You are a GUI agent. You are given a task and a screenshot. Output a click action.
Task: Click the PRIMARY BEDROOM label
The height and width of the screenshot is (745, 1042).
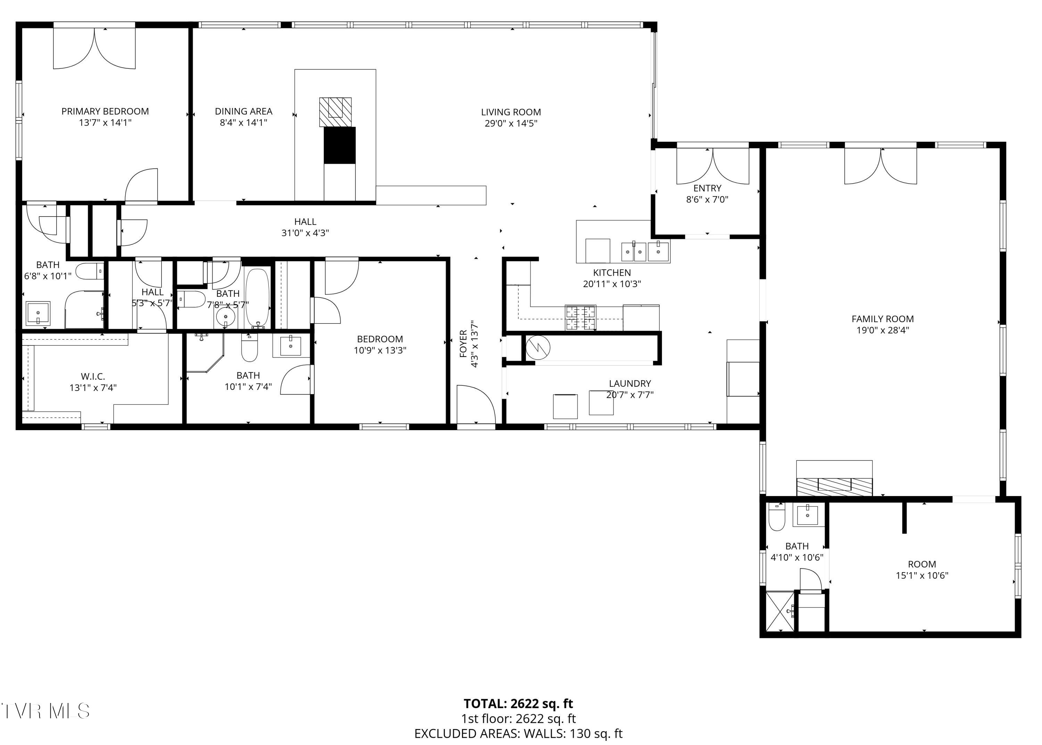[x=105, y=111]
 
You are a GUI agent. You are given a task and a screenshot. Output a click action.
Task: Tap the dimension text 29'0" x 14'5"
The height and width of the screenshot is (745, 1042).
[x=511, y=123]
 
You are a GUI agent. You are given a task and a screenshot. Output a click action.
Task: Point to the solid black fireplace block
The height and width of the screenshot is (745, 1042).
[x=340, y=145]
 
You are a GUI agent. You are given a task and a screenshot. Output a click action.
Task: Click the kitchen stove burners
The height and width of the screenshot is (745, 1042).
[x=581, y=317]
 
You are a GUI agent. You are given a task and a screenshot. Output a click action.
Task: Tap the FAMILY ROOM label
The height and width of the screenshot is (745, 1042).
[x=882, y=319]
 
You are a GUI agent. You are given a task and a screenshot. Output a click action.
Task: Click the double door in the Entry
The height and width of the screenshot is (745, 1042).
[x=712, y=165]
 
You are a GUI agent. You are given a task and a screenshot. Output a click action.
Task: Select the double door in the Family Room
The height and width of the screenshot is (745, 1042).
[x=880, y=166]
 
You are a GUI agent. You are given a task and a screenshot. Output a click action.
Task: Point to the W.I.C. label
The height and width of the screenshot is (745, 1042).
[x=93, y=377]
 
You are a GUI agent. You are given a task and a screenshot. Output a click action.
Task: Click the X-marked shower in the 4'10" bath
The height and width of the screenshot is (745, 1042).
[x=779, y=612]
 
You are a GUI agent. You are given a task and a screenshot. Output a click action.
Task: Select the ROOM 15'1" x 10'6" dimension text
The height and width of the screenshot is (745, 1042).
[x=922, y=576]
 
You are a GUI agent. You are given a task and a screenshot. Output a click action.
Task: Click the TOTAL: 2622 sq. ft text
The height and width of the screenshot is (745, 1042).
[x=518, y=704]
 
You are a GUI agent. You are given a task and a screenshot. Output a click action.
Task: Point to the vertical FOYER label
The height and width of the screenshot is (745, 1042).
[x=463, y=344]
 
